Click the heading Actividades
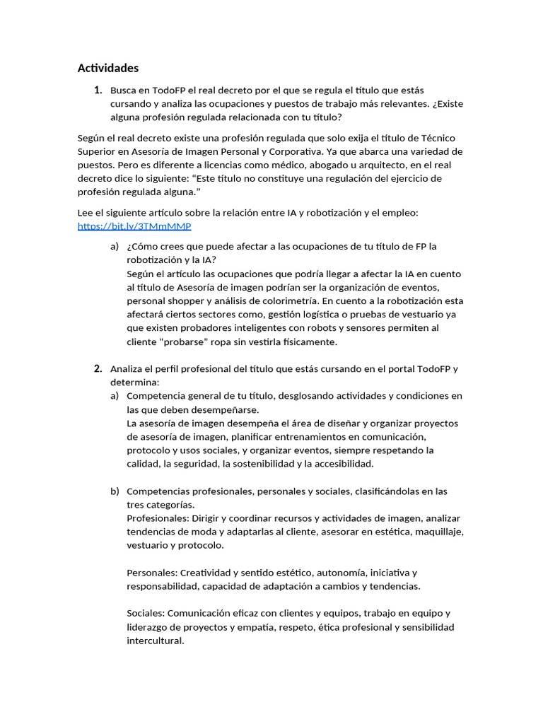coord(107,68)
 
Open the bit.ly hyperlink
coord(134,226)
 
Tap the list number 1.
coord(98,90)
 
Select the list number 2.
coord(98,368)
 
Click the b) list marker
coord(115,491)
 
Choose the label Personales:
coord(152,573)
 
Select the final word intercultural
coord(155,641)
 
